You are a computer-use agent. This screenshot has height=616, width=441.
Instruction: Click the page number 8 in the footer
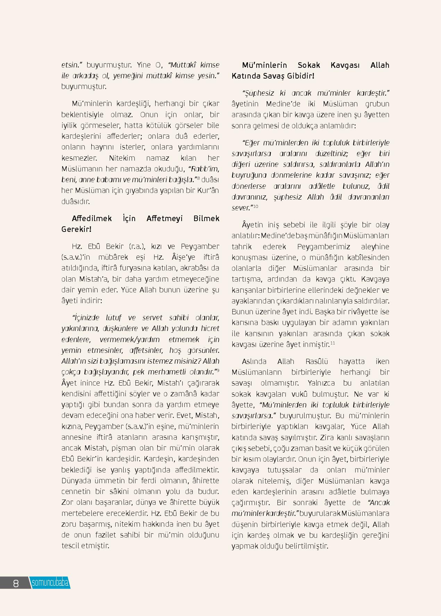[x=16, y=583]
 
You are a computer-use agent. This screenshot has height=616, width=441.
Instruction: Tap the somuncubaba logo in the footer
[x=50, y=583]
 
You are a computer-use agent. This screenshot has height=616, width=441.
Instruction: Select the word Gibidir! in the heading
[x=300, y=76]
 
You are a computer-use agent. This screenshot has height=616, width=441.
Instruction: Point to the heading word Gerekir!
[x=76, y=229]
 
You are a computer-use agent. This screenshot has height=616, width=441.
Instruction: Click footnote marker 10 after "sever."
[x=256, y=206]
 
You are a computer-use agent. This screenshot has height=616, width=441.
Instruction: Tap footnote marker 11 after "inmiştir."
[x=333, y=343]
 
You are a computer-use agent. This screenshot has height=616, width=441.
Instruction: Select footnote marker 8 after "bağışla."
[x=198, y=178]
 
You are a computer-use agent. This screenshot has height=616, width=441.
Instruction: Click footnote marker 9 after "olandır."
[x=218, y=371]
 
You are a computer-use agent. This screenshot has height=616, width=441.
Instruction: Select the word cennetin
[x=76, y=492]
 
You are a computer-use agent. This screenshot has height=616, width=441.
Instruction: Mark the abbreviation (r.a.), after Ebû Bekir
[x=135, y=246]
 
